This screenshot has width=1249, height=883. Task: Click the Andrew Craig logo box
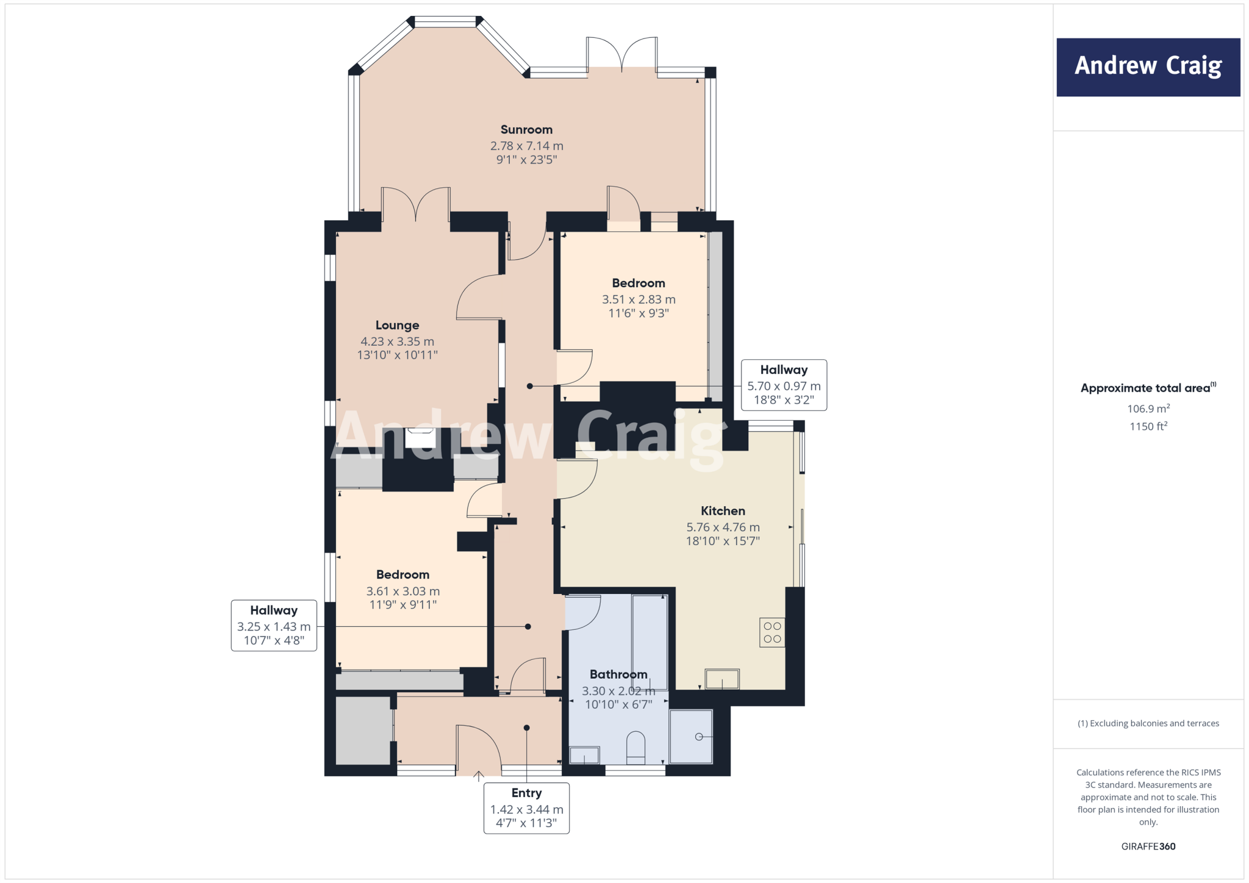[x=1148, y=67]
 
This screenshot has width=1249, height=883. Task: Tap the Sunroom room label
[x=526, y=130]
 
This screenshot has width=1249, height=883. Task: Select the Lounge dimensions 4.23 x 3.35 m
[x=397, y=341]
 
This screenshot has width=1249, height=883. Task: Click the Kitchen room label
[x=723, y=511]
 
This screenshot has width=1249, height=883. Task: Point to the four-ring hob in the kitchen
[x=772, y=632]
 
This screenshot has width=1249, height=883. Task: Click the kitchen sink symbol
[x=722, y=679]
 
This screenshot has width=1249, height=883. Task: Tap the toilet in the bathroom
[x=635, y=748]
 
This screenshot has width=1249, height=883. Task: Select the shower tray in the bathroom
[x=691, y=737]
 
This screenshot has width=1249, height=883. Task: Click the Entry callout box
[x=526, y=808]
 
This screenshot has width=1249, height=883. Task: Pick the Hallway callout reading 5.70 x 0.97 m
[x=784, y=385]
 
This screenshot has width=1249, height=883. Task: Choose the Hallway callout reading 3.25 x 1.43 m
[x=274, y=626]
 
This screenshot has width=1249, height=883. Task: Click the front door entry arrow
[x=479, y=776]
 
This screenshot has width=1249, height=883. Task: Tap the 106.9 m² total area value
[x=1148, y=409]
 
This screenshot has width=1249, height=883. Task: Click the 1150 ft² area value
[x=1148, y=426]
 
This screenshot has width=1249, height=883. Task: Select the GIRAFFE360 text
[x=1148, y=846]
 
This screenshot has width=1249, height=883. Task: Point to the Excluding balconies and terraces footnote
[x=1148, y=723]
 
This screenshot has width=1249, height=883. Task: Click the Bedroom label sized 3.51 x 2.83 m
[x=639, y=284]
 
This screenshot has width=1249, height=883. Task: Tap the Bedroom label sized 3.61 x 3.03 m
[x=403, y=575]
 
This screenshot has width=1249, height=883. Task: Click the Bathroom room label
[x=618, y=674]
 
